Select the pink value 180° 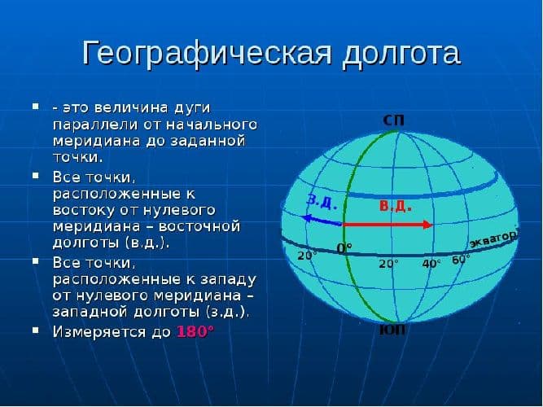coord(195,331)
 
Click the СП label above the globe coord(393,120)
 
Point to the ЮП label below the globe coord(393,330)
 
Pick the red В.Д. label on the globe coord(395,206)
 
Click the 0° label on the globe coord(345,247)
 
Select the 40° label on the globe coord(431,263)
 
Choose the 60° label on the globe coord(461,259)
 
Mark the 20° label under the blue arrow coord(306,256)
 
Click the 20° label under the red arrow coord(388,264)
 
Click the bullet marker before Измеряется coord(35,330)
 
